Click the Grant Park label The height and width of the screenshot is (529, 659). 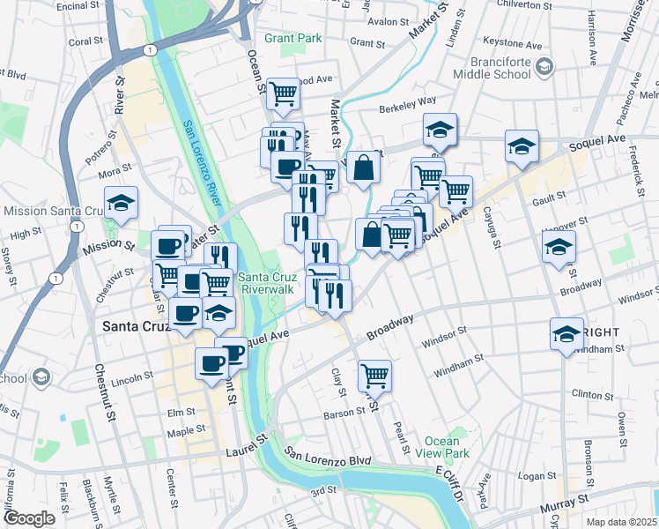pyautogui.click(x=292, y=38)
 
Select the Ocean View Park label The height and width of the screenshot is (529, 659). pyautogui.click(x=441, y=447)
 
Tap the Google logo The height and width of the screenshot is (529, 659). pyautogui.click(x=29, y=518)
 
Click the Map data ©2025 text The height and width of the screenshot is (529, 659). pyautogui.click(x=621, y=522)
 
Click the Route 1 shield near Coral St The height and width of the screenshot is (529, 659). pyautogui.click(x=152, y=51)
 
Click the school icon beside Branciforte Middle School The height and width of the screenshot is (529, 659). pyautogui.click(x=544, y=66)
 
